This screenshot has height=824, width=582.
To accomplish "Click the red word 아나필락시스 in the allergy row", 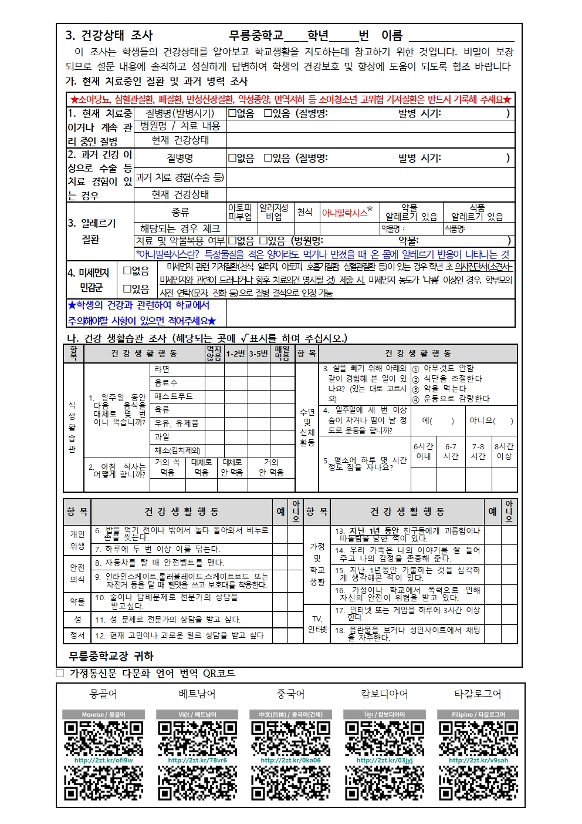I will [344, 213].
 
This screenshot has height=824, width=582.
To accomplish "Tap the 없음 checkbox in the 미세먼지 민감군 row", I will [127, 271].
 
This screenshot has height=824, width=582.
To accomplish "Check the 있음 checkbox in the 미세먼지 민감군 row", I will [127, 289].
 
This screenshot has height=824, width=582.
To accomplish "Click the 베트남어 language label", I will [197, 694].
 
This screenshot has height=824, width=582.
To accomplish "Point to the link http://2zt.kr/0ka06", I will [290, 760].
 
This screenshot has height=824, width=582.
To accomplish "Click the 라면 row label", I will [162, 369].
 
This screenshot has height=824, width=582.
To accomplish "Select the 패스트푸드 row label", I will [174, 396].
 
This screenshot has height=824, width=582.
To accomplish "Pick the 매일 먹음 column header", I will [282, 353].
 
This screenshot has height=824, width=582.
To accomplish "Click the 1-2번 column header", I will [235, 354].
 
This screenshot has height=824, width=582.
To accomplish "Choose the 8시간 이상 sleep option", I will [503, 451].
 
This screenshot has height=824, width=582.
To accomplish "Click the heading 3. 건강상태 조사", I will [109, 35].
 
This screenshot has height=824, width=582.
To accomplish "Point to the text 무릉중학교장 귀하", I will [111, 656].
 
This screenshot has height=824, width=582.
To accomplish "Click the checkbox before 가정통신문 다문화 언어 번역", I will [60, 673].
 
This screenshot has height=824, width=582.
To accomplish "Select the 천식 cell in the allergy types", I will [304, 212].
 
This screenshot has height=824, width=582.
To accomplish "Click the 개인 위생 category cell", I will [77, 540].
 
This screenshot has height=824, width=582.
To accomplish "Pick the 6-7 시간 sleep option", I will [451, 451].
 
